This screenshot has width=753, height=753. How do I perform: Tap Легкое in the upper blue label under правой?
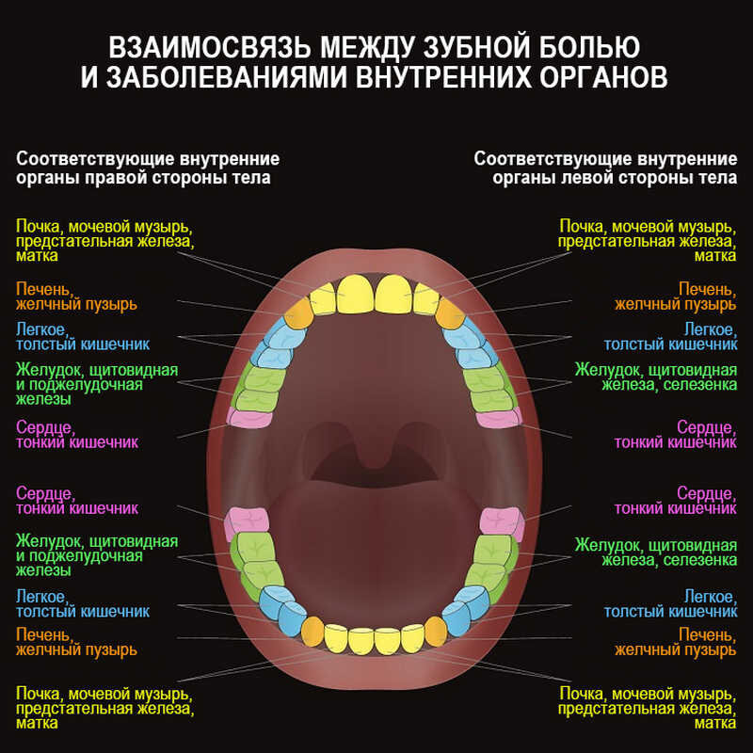pyautogui.click(x=41, y=328)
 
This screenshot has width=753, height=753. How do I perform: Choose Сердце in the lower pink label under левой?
pyautogui.click(x=707, y=493)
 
